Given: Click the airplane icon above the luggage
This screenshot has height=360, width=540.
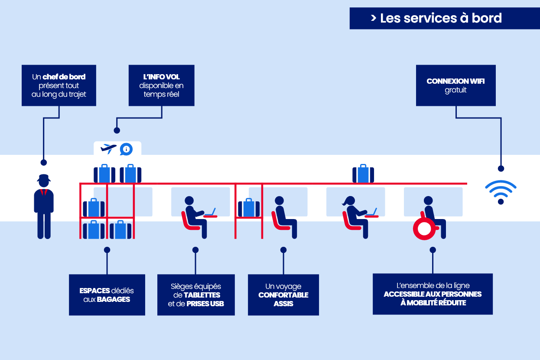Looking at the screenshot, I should tap(108, 149).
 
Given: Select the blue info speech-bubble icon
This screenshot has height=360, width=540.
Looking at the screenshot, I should tap(126, 149).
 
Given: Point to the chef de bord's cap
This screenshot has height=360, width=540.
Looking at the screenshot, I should tap(44, 178).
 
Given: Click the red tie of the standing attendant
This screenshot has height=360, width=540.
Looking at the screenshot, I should tap(44, 193).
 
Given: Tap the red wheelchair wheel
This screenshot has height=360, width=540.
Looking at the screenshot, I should tap(423, 228).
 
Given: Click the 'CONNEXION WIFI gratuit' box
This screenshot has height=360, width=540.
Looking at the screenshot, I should tap(455, 85).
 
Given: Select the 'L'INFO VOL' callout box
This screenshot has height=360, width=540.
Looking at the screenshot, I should tap(161, 85).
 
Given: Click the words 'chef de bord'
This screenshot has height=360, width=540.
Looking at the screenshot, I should tap(64, 77).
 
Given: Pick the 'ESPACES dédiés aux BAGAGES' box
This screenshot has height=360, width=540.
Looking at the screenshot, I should tap(107, 295).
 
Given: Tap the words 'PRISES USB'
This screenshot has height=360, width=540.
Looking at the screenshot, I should tap(205, 304).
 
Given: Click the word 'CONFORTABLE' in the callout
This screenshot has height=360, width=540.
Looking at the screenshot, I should tap(283, 295).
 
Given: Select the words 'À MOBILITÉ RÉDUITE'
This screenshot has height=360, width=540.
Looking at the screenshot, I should tap(433, 303).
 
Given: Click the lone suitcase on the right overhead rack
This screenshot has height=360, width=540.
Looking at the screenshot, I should tap(363, 173).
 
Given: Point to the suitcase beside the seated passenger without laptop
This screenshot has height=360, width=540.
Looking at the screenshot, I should tap(249, 208).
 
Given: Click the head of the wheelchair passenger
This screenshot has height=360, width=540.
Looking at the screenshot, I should tap(428, 201).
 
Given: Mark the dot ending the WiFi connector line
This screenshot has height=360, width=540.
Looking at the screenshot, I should tap(501, 168).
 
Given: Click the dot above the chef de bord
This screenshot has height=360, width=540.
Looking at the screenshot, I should tap(43, 162).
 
